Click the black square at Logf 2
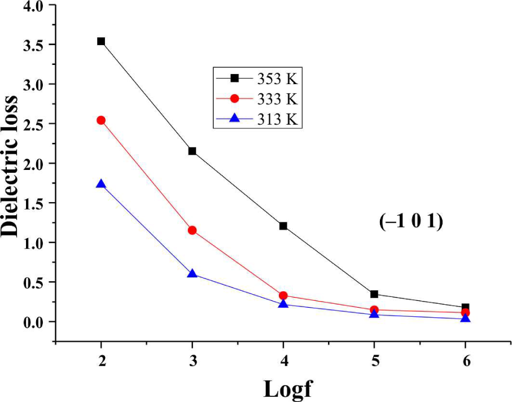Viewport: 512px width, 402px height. point(101,41)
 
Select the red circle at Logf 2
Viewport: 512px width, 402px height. point(101,120)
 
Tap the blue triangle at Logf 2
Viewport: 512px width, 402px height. point(101,184)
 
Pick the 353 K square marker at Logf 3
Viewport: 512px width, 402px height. point(192,151)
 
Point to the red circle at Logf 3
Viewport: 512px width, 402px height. point(192,230)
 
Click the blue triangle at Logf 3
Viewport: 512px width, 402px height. point(192,274)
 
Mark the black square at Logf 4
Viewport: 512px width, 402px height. point(283,226)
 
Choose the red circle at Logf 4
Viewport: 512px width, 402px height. point(283,295)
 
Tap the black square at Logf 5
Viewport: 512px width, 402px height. point(374,294)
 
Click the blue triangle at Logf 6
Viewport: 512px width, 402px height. point(465,318)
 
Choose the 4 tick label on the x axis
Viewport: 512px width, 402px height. point(283,360)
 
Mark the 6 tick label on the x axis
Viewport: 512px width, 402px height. point(465,360)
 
